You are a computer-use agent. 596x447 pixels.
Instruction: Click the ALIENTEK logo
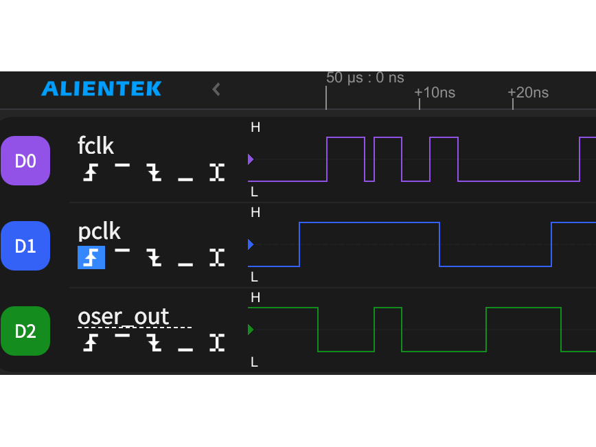[x=101, y=89]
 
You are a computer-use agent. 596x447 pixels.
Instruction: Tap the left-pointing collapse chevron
[x=216, y=89]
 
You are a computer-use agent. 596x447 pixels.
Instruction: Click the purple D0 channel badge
[x=25, y=161]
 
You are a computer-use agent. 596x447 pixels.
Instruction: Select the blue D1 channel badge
[x=25, y=246]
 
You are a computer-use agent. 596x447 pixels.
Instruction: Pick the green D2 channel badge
[x=25, y=331]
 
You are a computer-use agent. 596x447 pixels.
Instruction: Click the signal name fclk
[x=96, y=146]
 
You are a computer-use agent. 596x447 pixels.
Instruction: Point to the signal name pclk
[x=99, y=231]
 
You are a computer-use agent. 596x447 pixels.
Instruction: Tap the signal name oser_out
[x=124, y=317]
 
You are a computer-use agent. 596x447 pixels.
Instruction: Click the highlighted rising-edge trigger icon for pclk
[x=91, y=257]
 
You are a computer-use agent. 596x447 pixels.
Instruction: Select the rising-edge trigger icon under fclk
[x=91, y=172]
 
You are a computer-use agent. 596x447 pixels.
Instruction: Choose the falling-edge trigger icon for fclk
[x=154, y=172]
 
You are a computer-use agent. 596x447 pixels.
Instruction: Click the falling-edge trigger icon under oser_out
[x=154, y=343]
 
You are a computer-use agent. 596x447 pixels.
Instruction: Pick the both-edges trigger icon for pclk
[x=217, y=257]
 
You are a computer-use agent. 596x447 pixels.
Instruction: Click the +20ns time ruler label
[x=528, y=93]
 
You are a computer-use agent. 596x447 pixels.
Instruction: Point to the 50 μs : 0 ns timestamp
[x=365, y=78]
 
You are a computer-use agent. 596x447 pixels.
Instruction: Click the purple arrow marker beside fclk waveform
[x=251, y=159]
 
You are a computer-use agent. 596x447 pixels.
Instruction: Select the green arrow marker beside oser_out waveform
[x=251, y=330]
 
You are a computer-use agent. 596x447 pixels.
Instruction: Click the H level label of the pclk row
[x=255, y=213]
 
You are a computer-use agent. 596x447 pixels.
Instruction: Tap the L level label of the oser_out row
[x=255, y=362]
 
